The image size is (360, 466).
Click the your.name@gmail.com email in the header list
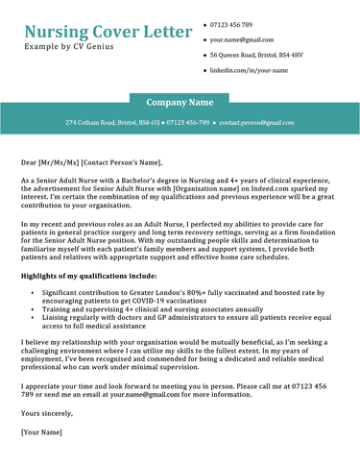click(x=246, y=40)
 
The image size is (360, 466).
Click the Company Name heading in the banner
click(x=180, y=101)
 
